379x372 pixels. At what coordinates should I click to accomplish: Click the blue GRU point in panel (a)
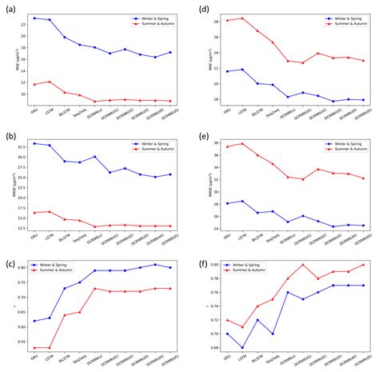coord(34,18)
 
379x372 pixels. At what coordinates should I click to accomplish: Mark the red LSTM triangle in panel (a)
coord(50,82)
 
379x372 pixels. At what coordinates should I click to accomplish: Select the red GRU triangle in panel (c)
coord(34,348)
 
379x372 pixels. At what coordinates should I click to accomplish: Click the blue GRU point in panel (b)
coord(34,143)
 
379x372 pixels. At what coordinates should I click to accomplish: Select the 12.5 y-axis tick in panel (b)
coord(23,228)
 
